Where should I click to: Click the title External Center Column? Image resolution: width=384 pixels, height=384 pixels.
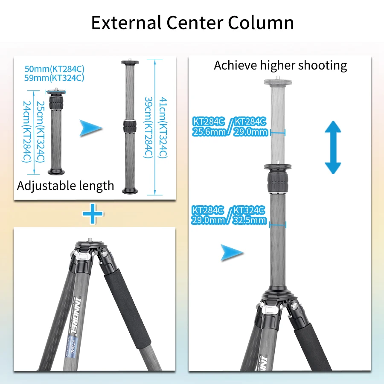click(192, 23)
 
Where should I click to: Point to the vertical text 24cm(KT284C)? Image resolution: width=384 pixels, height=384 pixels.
click(26, 132)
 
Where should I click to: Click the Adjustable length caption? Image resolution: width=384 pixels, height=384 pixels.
click(65, 186)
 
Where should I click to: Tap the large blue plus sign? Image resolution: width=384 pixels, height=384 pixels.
click(93, 213)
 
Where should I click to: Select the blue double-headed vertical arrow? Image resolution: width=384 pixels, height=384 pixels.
click(333, 147)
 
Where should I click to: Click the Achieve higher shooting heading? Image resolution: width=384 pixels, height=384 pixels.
click(280, 65)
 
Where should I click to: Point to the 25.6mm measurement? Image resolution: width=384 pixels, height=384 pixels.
click(209, 132)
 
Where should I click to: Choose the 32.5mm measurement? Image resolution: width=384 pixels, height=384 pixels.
click(250, 220)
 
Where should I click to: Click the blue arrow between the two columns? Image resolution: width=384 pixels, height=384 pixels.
click(91, 128)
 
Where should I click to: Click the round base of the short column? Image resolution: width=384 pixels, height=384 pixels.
click(56, 172)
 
